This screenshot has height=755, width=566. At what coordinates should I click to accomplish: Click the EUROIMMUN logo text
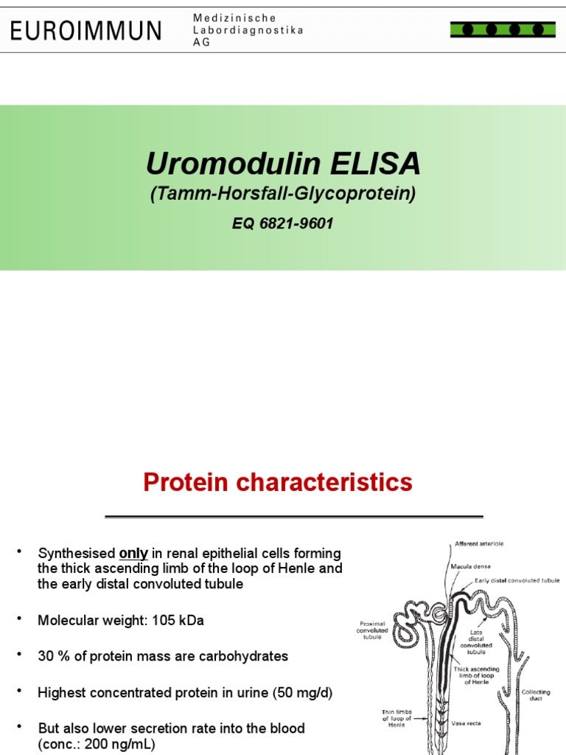(85, 30)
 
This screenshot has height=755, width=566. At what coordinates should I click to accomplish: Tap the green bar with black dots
(503, 29)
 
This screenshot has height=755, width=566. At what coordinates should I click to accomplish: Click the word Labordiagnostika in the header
(248, 29)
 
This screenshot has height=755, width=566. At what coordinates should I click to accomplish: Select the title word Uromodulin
(219, 164)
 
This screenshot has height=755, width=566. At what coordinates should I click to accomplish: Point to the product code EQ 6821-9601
(283, 223)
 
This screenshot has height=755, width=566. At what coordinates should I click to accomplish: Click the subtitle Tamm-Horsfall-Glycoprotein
(283, 194)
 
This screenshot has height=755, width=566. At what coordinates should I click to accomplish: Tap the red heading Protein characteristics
(278, 483)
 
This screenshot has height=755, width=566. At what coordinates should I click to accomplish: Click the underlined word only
(133, 554)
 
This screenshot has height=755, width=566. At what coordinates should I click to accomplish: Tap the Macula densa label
(469, 567)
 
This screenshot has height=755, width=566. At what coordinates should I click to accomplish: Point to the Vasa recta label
(466, 723)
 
